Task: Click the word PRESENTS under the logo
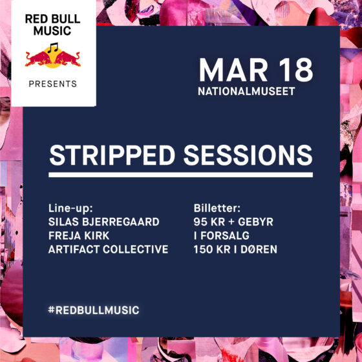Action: pyautogui.click(x=52, y=84)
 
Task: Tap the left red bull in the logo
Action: pyautogui.click(x=38, y=59)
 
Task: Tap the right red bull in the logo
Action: pyautogui.click(x=67, y=59)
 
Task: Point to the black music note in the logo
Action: pyautogui.click(x=53, y=48)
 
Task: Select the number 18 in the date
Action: pyautogui.click(x=296, y=70)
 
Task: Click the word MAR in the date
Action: pyautogui.click(x=233, y=70)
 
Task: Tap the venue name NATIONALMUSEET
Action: pyautogui.click(x=246, y=91)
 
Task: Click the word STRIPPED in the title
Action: pyautogui.click(x=112, y=155)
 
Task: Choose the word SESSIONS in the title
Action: pyautogui.click(x=248, y=155)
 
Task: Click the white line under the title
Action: pyautogui.click(x=180, y=175)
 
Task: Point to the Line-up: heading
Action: pyautogui.click(x=70, y=208)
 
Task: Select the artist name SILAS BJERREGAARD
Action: pyautogui.click(x=104, y=222)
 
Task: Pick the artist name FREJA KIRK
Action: pyautogui.click(x=79, y=236)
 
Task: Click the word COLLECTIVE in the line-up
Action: pyautogui.click(x=136, y=250)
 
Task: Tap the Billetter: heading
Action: pyautogui.click(x=217, y=208)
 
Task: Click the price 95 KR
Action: pyautogui.click(x=209, y=222)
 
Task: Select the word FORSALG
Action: pyautogui.click(x=225, y=236)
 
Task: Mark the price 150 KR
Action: pyautogui.click(x=212, y=250)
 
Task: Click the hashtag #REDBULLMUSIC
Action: pyautogui.click(x=94, y=310)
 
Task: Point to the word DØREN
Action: pyautogui.click(x=259, y=250)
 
